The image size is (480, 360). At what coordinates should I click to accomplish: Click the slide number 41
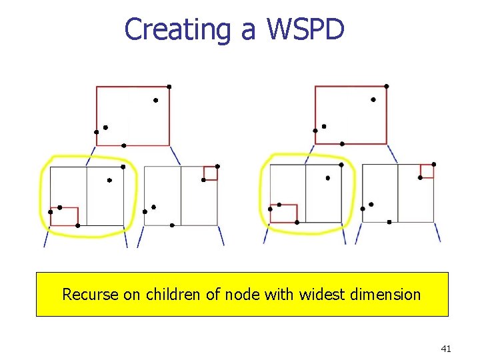pos(446,348)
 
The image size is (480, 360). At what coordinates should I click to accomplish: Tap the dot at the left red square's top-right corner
pos(169,87)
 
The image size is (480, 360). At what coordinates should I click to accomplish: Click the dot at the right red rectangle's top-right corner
pos(387,86)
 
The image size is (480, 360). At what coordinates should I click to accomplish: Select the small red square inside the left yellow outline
pos(65,217)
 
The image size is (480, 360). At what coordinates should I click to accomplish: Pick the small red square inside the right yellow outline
pos(283,213)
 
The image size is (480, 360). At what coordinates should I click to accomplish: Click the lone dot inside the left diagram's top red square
pos(155,101)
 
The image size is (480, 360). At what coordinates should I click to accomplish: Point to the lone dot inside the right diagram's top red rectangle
pos(373,100)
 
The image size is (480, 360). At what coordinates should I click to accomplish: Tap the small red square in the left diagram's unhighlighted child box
pos(210,173)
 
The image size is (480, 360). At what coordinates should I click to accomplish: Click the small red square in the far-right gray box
pos(427,171)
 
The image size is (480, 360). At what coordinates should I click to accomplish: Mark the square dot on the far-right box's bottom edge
pos(389,222)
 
